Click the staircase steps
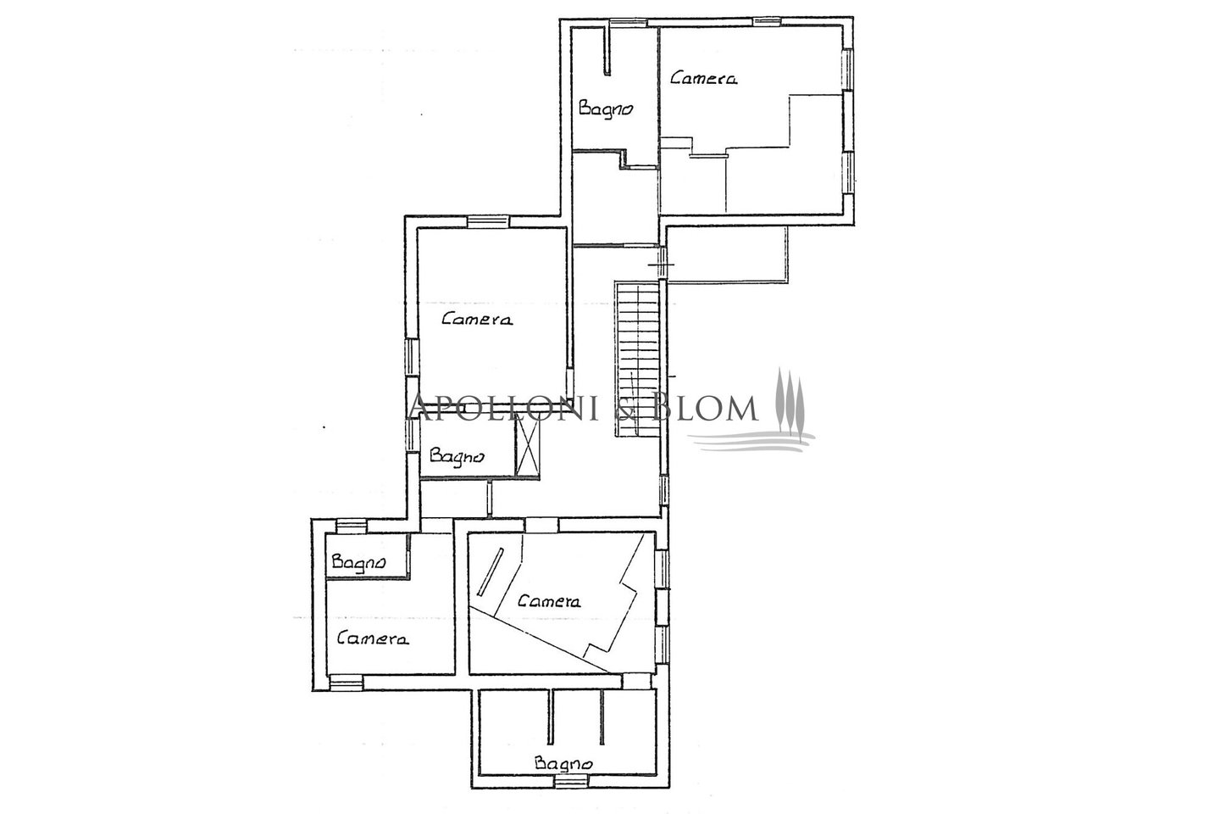click(637, 359)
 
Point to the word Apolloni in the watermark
click(501, 407)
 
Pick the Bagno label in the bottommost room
click(563, 764)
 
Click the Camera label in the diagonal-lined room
click(549, 601)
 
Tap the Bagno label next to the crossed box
click(457, 456)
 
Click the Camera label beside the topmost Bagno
click(704, 79)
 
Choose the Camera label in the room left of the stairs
click(476, 319)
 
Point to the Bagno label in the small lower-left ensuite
click(358, 563)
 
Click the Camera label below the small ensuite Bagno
click(373, 638)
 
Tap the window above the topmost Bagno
click(628, 22)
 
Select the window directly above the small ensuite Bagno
click(351, 526)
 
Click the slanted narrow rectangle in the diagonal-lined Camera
click(490, 572)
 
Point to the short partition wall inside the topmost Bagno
click(607, 50)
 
